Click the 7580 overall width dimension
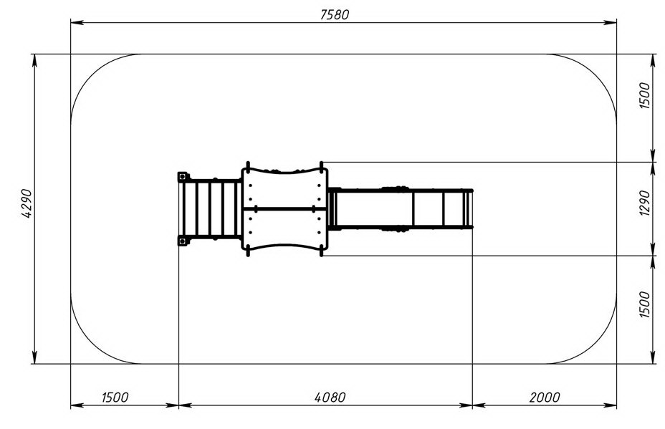[x=335, y=15]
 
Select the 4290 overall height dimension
[x=27, y=203]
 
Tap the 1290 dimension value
[x=644, y=203]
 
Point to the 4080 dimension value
[x=330, y=397]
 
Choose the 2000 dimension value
[x=545, y=397]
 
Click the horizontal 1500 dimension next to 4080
[x=115, y=397]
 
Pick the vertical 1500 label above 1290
[x=644, y=96]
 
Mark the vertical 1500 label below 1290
[x=644, y=304]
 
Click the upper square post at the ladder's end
[x=182, y=176]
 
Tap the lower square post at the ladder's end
[x=182, y=241]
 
